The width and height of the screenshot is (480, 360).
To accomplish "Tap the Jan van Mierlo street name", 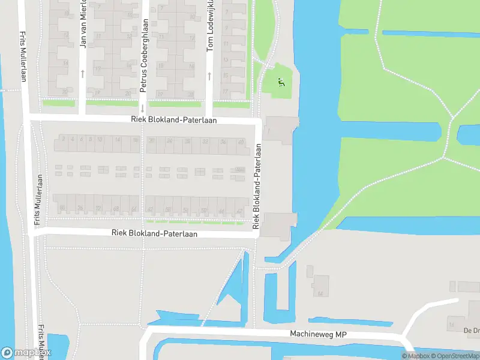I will tap(83, 24).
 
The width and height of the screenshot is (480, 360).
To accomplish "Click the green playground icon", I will tap(280, 82).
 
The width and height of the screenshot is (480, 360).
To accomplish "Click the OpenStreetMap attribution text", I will tap(454, 356).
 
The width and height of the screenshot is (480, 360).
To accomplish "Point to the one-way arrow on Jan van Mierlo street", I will tap(83, 73).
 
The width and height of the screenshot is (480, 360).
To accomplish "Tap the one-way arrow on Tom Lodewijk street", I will tap(209, 76).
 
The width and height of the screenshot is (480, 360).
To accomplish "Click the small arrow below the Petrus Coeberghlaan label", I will tap(143, 109).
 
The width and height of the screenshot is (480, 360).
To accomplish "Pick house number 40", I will tap(241, 142).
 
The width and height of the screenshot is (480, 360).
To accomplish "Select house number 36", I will tap(223, 142).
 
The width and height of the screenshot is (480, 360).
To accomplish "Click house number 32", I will tap(205, 142).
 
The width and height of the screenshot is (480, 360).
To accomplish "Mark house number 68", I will tap(116, 209).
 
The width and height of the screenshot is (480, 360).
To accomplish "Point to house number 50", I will tap(203, 209).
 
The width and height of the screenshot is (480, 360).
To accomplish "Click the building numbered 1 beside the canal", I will tap(269, 131).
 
